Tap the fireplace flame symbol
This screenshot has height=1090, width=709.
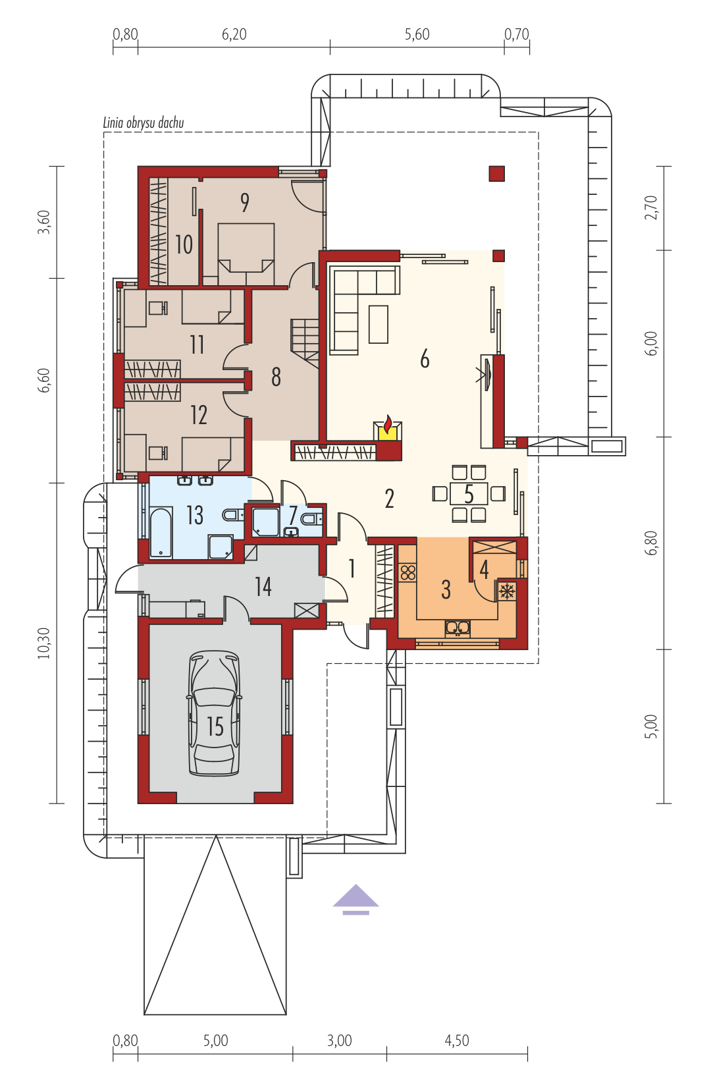388,424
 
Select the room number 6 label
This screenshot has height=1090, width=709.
425,359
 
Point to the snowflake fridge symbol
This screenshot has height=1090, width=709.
507,591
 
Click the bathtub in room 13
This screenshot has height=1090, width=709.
161,532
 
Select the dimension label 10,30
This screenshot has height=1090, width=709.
43,643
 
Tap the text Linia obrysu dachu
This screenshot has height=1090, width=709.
144,123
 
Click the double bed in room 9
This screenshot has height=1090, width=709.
246,254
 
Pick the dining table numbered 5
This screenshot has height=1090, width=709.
469,493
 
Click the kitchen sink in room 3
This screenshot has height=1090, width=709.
458,628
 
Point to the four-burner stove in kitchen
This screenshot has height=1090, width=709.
408,572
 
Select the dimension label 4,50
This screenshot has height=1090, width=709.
457,1041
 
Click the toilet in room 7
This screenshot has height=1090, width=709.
311,519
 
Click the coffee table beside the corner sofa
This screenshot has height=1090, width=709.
379,324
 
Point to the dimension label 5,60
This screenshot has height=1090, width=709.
417,34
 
